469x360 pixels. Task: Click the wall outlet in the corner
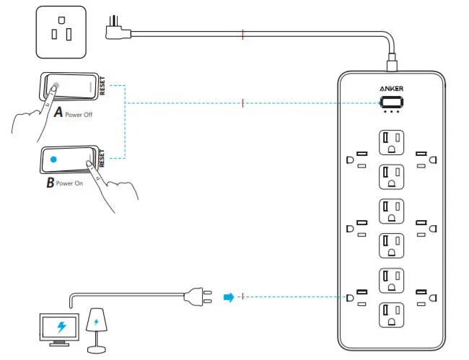61,32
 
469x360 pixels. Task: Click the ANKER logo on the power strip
390,88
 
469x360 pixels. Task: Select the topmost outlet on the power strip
390,141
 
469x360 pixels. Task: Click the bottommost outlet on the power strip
390,315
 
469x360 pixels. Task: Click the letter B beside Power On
50,183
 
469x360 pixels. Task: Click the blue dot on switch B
53,159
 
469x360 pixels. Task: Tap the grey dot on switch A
57,86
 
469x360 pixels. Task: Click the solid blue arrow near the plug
228,296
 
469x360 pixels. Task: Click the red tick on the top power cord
243,33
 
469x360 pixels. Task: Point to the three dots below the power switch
390,112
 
